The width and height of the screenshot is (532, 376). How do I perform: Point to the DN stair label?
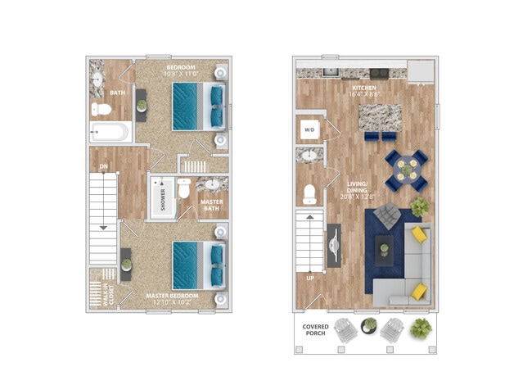point(104,166)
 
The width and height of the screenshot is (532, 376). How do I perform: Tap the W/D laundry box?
point(309,129)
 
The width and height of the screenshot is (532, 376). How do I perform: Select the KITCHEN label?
point(363,88)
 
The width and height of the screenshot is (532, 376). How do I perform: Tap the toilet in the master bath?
point(185,189)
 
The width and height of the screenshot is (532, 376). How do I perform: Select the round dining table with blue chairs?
point(406,167)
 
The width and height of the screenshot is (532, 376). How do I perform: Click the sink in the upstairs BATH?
point(97,79)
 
